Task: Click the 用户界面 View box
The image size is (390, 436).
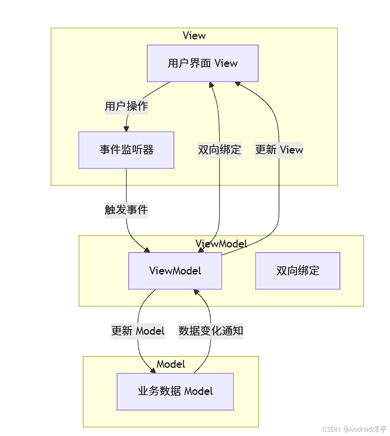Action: click(x=202, y=63)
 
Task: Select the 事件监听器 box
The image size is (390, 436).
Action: click(x=126, y=150)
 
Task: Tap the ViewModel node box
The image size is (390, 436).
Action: click(x=175, y=271)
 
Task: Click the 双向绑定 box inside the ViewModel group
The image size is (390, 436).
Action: click(x=298, y=271)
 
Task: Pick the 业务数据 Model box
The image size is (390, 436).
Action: click(x=175, y=392)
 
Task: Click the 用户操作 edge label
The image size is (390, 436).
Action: click(x=126, y=106)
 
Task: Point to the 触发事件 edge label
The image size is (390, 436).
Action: click(x=126, y=210)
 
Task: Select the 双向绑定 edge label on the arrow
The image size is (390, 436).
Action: click(x=219, y=150)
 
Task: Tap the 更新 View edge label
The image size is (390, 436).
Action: click(x=279, y=150)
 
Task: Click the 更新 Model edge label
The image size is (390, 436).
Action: click(x=138, y=331)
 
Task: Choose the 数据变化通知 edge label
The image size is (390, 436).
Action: click(x=210, y=331)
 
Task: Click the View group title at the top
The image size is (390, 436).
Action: click(x=194, y=36)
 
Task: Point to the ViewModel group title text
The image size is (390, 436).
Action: click(x=221, y=244)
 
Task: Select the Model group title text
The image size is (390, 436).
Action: click(x=171, y=364)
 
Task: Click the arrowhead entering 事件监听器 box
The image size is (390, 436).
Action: click(x=126, y=129)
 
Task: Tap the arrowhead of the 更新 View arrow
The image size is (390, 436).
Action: click(x=238, y=84)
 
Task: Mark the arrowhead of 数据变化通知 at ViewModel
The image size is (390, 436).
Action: click(x=196, y=292)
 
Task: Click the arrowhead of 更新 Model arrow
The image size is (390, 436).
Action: click(x=153, y=371)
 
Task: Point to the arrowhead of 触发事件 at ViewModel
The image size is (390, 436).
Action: click(x=147, y=250)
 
